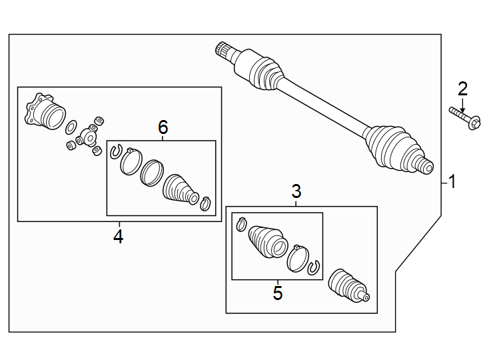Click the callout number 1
click(452, 181)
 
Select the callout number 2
click(462, 88)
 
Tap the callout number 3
click(296, 192)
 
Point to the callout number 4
click(119, 236)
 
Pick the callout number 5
click(278, 293)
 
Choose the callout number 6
click(163, 127)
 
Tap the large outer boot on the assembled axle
click(393, 147)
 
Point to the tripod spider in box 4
click(87, 139)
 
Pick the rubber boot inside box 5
click(267, 241)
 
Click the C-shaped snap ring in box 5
click(314, 268)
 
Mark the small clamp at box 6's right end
click(207, 203)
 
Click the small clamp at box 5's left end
click(241, 224)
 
